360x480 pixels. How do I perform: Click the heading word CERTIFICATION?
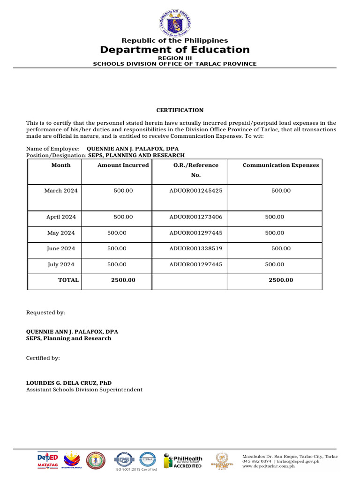[180, 110]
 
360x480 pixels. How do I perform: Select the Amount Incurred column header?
[123, 165]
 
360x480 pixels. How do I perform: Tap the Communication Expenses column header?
[281, 165]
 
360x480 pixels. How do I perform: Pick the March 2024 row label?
[61, 191]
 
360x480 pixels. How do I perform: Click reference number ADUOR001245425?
[196, 191]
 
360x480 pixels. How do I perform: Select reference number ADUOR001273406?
[196, 217]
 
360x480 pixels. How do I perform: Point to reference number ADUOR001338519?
[196, 248]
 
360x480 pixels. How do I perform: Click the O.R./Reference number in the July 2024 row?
[196, 264]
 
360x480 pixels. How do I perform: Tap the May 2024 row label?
[61, 233]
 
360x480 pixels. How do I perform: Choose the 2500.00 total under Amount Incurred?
[123, 280]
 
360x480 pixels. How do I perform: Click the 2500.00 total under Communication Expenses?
[281, 280]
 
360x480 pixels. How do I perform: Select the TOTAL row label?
[68, 280]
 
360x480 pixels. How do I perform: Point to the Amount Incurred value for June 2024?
[117, 248]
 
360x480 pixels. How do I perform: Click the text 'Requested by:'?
[45, 312]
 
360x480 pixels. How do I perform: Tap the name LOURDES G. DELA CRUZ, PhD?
[68, 382]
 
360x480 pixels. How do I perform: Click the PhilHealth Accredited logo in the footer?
[183, 461]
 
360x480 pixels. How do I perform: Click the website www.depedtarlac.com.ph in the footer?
[269, 466]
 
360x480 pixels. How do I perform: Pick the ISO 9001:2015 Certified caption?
[136, 469]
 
